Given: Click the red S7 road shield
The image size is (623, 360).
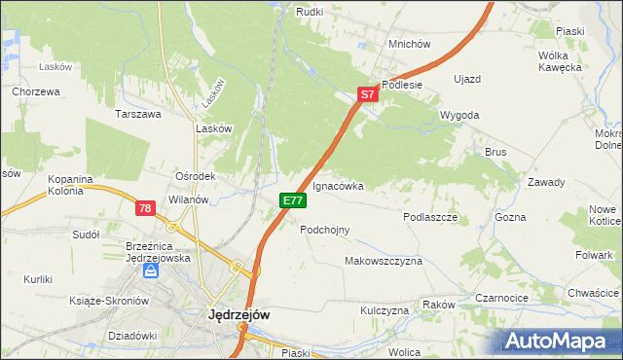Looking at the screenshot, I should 366,95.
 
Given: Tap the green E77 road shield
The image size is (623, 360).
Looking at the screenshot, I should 293,200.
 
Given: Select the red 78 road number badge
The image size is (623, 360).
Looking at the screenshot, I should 145,208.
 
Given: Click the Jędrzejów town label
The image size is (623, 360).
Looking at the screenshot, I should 238,315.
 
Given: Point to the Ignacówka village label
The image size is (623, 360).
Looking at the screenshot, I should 338,185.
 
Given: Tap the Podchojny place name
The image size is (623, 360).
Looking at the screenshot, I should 324,230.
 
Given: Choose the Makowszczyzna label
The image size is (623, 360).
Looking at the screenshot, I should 384,262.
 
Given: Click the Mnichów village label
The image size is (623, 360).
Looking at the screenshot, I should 409,45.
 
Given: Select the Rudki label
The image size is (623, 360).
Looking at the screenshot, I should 310,12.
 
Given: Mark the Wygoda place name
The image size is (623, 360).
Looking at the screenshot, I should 459,115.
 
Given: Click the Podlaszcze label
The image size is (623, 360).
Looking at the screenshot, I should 430,218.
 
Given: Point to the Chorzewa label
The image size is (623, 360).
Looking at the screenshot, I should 37,91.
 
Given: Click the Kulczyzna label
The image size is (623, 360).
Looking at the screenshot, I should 385,310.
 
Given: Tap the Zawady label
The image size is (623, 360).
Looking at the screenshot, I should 546,182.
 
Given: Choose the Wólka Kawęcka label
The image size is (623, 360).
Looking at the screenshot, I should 560,61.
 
